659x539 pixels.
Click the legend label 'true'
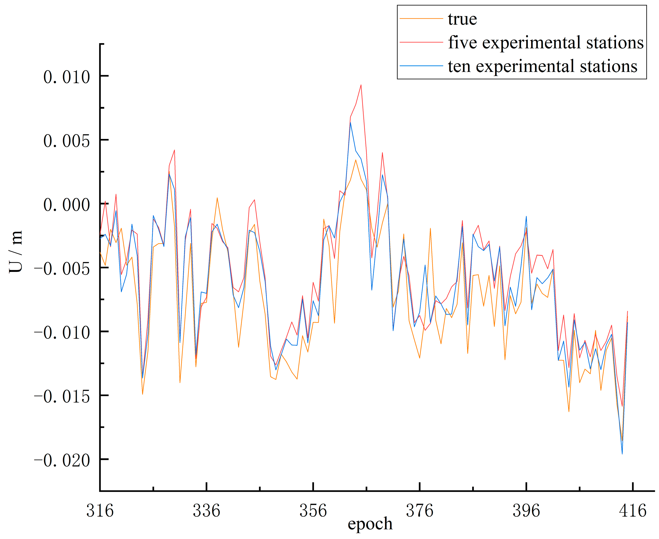(x=462, y=19)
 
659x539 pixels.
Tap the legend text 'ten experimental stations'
(x=542, y=66)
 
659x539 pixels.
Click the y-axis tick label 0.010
(x=66, y=77)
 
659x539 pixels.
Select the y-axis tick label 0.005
(x=66, y=141)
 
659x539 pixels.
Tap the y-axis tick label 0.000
(x=66, y=205)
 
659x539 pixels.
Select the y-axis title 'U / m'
(x=16, y=252)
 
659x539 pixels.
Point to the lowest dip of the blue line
(x=622, y=454)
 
